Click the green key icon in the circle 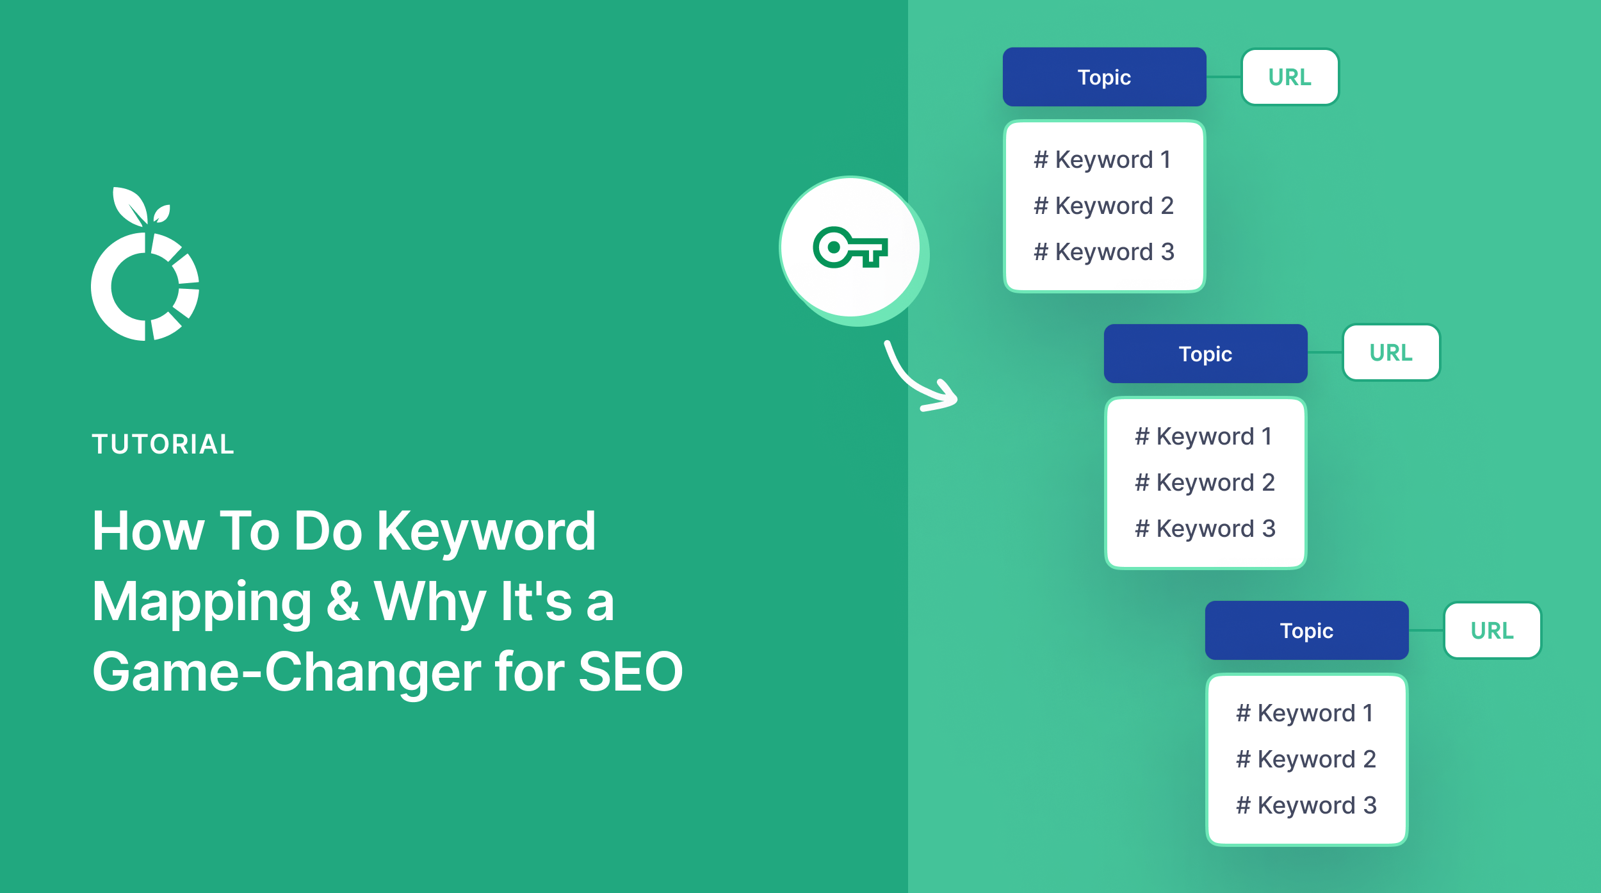pyautogui.click(x=850, y=247)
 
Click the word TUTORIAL pyautogui.click(x=163, y=445)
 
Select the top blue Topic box pyautogui.click(x=1104, y=77)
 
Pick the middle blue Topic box pyautogui.click(x=1205, y=354)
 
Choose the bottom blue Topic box pyautogui.click(x=1306, y=630)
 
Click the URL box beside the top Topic pyautogui.click(x=1290, y=77)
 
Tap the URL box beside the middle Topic pyautogui.click(x=1391, y=352)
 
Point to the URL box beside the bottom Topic pyautogui.click(x=1492, y=630)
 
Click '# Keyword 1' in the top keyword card pyautogui.click(x=1103, y=160)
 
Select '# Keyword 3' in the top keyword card pyautogui.click(x=1104, y=252)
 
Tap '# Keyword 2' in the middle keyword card pyautogui.click(x=1205, y=482)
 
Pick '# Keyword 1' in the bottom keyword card pyautogui.click(x=1305, y=713)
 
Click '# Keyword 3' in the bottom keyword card pyautogui.click(x=1306, y=805)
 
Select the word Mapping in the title pyautogui.click(x=202, y=602)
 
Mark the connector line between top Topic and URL pyautogui.click(x=1224, y=77)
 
